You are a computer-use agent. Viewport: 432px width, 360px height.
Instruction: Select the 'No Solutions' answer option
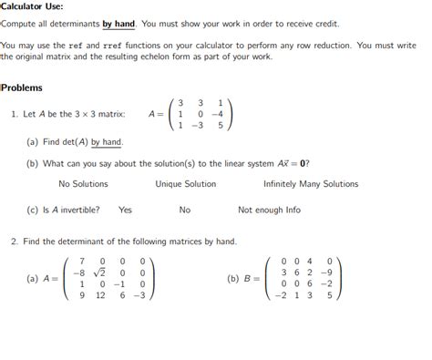pyautogui.click(x=83, y=184)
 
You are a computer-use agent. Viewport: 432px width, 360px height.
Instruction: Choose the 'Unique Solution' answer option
pyautogui.click(x=185, y=184)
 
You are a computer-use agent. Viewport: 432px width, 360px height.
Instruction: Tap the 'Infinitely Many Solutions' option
pyautogui.click(x=311, y=184)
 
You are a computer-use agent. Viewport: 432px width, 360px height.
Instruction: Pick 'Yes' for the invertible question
pyautogui.click(x=125, y=210)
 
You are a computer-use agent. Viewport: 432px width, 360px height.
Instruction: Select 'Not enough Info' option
pyautogui.click(x=269, y=210)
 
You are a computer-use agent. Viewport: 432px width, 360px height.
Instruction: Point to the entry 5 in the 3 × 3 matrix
pyautogui.click(x=219, y=127)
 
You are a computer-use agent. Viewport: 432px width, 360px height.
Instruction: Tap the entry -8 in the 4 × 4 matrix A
pyautogui.click(x=79, y=272)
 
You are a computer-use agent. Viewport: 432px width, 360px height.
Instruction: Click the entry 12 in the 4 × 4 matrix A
pyautogui.click(x=100, y=295)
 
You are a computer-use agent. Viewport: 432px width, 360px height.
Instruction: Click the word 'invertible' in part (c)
pyautogui.click(x=77, y=210)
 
